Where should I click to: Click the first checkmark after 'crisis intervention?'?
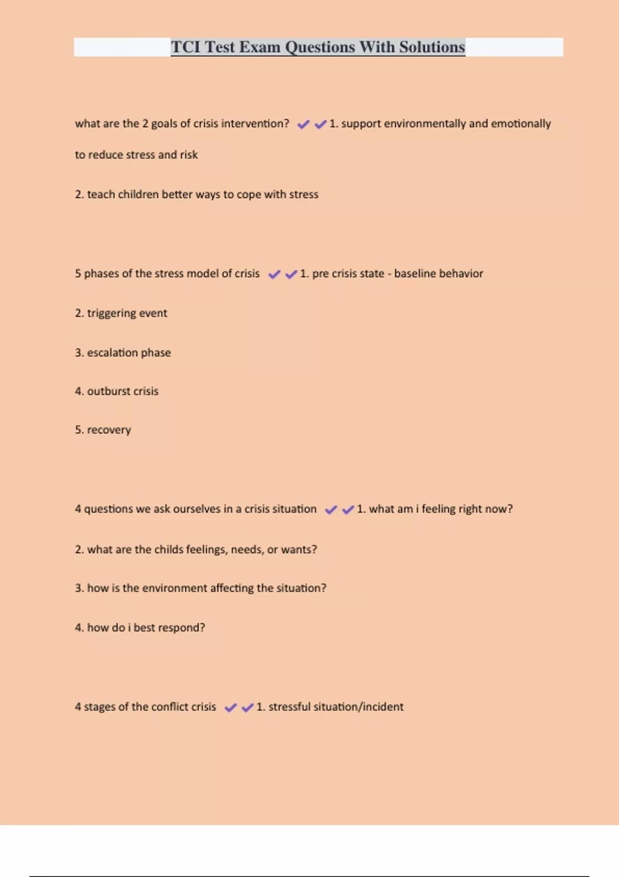pos(303,124)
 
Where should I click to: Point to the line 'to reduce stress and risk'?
pos(136,155)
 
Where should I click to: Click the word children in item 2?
pos(138,194)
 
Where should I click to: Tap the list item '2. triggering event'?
pos(121,313)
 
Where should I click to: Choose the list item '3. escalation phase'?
pos(123,353)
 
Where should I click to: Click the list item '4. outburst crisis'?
pos(117,392)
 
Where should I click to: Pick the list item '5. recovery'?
pos(103,430)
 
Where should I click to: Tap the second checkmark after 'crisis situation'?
pos(348,510)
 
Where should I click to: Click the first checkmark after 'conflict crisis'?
pos(231,707)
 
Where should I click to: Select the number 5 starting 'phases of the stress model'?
pos(78,273)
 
